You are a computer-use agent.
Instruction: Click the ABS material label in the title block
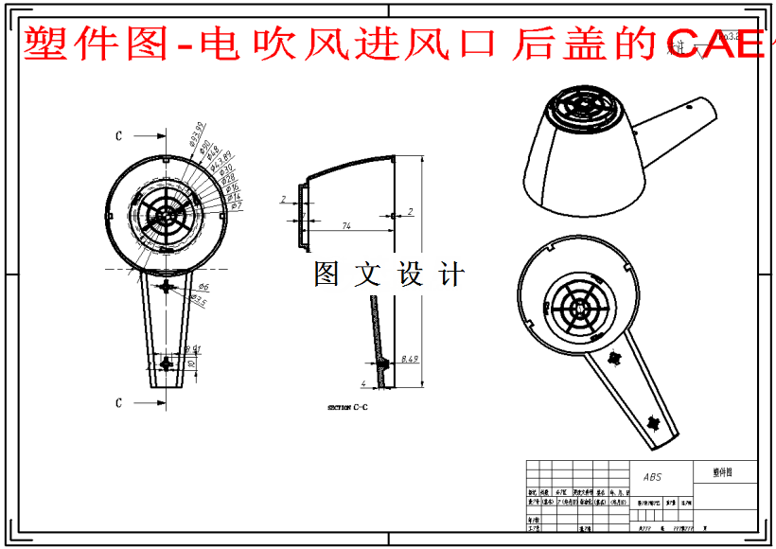(x=652, y=478)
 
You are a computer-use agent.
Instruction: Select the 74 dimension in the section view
(x=347, y=225)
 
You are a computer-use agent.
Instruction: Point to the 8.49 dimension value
(x=410, y=360)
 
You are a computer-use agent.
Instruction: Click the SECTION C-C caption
(x=348, y=407)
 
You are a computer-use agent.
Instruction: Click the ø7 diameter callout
(x=237, y=205)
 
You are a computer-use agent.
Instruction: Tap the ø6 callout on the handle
(x=203, y=287)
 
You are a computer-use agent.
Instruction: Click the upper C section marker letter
(x=118, y=136)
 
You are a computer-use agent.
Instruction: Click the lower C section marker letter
(x=118, y=403)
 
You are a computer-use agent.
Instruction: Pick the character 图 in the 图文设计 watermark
(x=326, y=274)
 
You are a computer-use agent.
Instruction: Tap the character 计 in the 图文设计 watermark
(x=453, y=274)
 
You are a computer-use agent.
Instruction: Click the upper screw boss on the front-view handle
(x=168, y=286)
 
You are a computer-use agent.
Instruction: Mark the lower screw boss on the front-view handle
(x=168, y=364)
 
